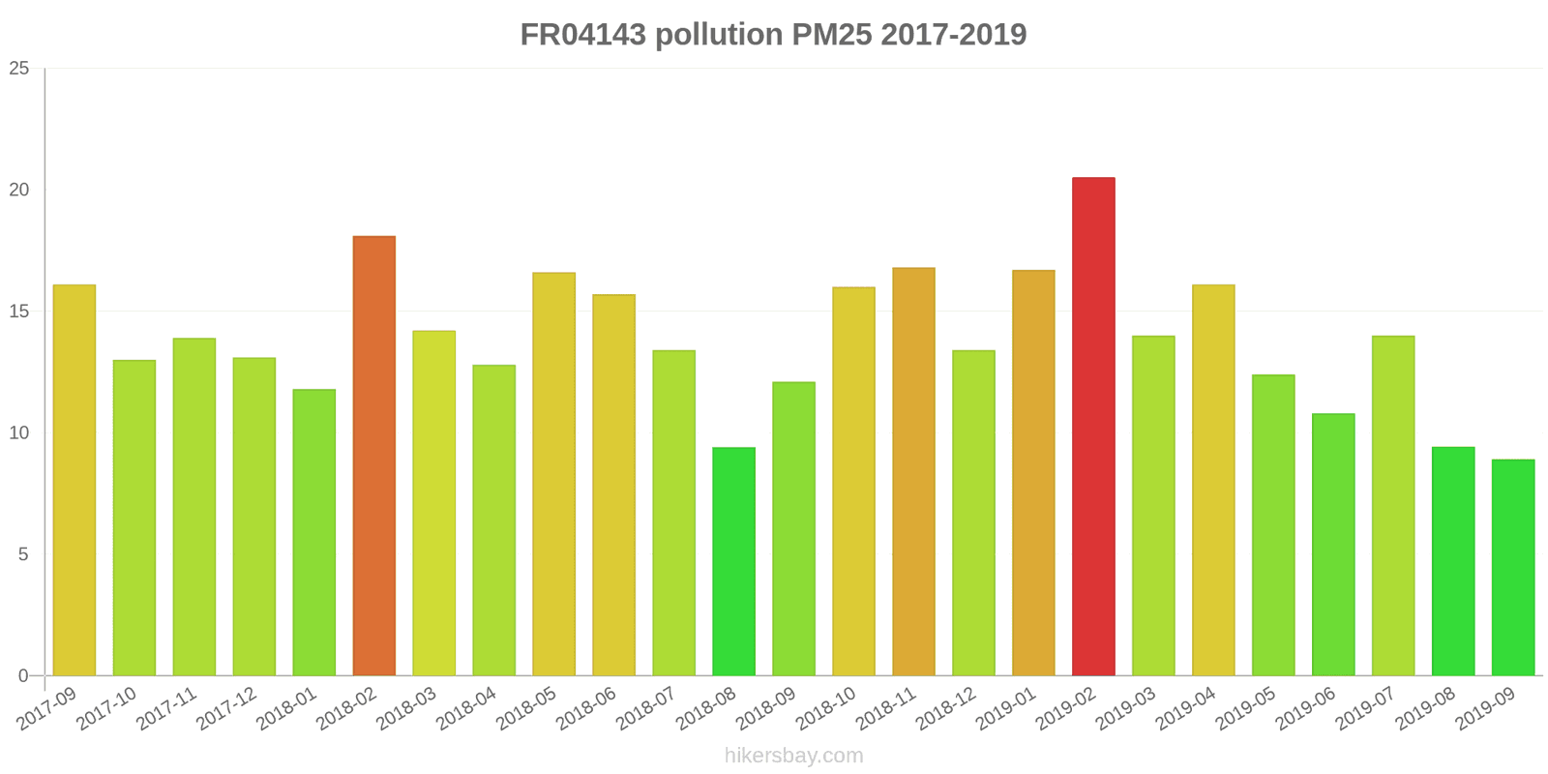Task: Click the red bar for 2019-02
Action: pyautogui.click(x=1093, y=427)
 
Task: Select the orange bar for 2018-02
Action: pyautogui.click(x=373, y=456)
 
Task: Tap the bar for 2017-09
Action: pyautogui.click(x=74, y=480)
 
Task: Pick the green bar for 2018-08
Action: pyautogui.click(x=733, y=561)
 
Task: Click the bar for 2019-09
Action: pyautogui.click(x=1513, y=567)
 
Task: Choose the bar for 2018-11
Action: pyautogui.click(x=913, y=471)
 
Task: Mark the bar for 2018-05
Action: pyautogui.click(x=553, y=474)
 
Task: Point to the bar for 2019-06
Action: pyautogui.click(x=1333, y=545)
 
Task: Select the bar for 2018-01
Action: pyautogui.click(x=314, y=532)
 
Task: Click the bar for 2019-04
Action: pyautogui.click(x=1213, y=480)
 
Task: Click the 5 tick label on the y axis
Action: pyautogui.click(x=24, y=554)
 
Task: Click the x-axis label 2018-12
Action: pyautogui.click(x=947, y=709)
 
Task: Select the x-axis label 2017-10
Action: pyautogui.click(x=107, y=709)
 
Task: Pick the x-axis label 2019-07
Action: pyautogui.click(x=1367, y=709)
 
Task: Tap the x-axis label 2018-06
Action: pyautogui.click(x=587, y=709)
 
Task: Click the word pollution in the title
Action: pyautogui.click(x=719, y=35)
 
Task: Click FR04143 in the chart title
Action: pyautogui.click(x=582, y=35)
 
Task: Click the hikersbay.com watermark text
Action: pyautogui.click(x=793, y=755)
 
